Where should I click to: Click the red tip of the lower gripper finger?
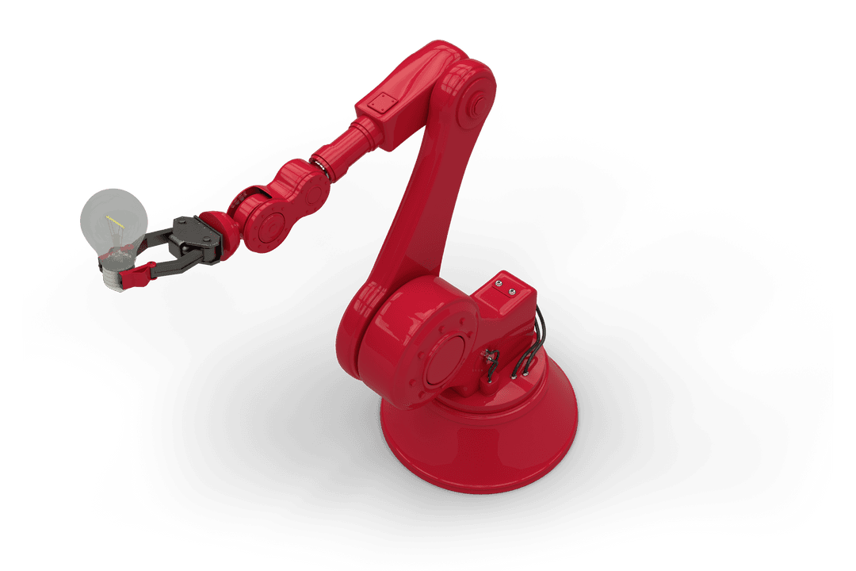pyautogui.click(x=140, y=274)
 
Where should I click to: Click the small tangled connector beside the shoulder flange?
pyautogui.click(x=490, y=361)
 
